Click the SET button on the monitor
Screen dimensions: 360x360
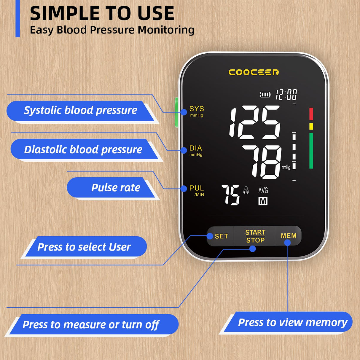[x=221, y=236]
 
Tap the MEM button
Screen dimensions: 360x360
[x=288, y=235]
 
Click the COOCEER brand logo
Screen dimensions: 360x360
[x=254, y=72]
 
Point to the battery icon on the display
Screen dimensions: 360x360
[x=265, y=95]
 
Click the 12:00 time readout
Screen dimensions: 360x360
[x=286, y=95]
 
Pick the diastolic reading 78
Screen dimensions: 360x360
[x=262, y=162]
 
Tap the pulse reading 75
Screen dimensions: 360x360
[x=230, y=195]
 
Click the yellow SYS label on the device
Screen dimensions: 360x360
[x=197, y=109]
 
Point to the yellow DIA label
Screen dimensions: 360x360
[x=196, y=148]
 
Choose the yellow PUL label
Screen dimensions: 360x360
[x=196, y=188]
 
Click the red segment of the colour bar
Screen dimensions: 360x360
[x=311, y=114]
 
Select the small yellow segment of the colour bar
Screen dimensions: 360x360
[x=311, y=127]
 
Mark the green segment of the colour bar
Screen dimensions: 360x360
[x=311, y=151]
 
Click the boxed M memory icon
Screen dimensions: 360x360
[x=263, y=201]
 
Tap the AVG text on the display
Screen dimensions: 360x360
[x=263, y=190]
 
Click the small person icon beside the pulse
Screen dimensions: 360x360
[x=246, y=190]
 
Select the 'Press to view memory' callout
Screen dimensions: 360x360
[x=292, y=322]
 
